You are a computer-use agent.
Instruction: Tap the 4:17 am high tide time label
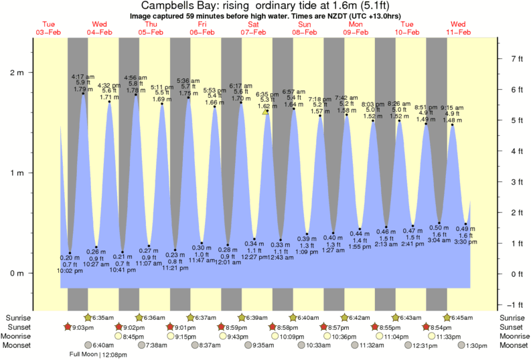tap(82, 77)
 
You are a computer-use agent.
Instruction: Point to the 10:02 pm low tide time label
tap(70, 270)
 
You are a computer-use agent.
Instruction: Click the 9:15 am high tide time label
tap(452, 108)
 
